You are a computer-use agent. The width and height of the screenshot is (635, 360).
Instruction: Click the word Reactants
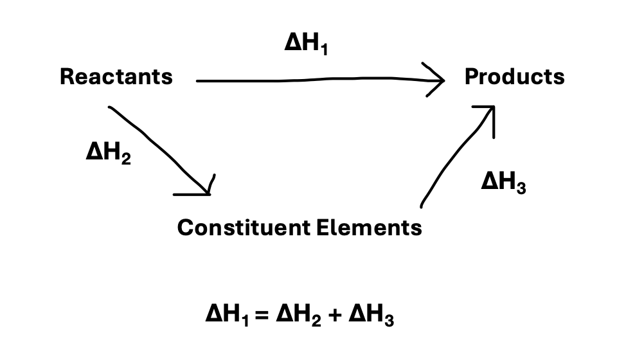[116, 77]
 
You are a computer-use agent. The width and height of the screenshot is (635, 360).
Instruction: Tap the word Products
[514, 77]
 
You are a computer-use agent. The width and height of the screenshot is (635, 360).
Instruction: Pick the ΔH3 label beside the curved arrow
[504, 183]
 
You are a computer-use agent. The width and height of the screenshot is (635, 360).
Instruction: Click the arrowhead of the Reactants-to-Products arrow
[438, 80]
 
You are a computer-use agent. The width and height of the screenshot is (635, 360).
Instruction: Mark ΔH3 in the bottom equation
[371, 316]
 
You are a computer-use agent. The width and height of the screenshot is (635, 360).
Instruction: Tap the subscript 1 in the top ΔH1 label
[323, 50]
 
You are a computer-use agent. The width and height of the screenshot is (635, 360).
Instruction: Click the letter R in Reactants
[66, 77]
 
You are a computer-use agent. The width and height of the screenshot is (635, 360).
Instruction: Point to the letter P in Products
[470, 77]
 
